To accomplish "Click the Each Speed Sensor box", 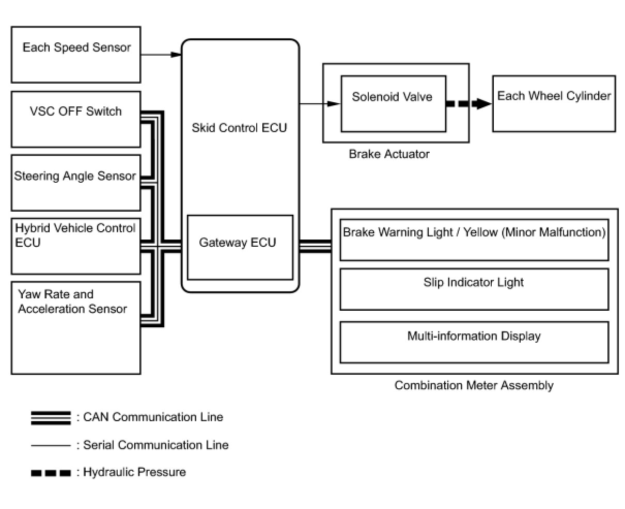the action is point(76,55).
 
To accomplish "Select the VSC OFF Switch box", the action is point(76,119).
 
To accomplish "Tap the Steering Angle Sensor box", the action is point(76,183).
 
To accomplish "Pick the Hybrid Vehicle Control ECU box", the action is point(76,246).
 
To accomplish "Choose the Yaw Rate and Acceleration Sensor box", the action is point(76,328).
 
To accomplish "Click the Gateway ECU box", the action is point(240,247).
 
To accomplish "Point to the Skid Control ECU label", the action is point(239,128).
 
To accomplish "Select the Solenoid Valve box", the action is point(394,104).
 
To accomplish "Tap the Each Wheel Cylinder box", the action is point(554,104).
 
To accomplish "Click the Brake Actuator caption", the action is point(389,154).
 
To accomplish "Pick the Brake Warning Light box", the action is point(474,240).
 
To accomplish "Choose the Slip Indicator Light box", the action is point(474,289).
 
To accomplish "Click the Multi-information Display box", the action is point(474,342).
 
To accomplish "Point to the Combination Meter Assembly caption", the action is point(474,385).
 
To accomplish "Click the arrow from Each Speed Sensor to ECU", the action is point(161,55).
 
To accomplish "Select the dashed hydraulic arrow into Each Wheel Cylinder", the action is point(469,103).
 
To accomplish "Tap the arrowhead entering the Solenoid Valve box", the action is point(334,103).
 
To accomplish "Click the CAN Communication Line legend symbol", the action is point(51,418).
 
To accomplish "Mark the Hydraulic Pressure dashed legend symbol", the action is point(51,473).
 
